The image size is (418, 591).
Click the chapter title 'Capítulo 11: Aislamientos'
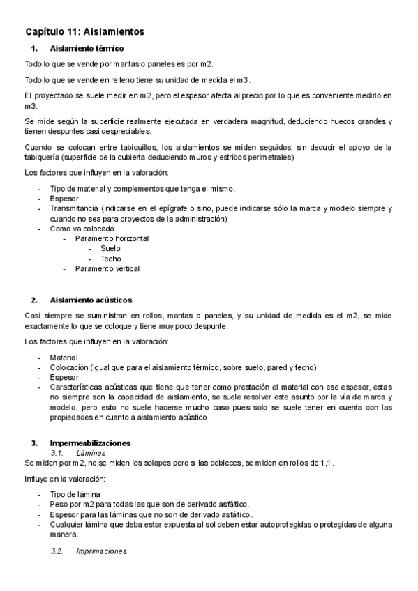(84, 32)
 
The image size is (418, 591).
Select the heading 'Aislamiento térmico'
(87, 49)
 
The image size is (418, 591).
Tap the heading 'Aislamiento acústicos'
(91, 300)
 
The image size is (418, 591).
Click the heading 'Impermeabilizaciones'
(90, 443)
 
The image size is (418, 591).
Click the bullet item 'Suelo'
(110, 248)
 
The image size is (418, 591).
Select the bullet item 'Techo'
(110, 259)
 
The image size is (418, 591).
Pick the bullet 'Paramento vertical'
(107, 268)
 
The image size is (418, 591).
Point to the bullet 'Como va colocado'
(82, 229)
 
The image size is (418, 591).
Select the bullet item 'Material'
(64, 357)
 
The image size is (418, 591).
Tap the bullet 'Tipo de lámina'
(75, 494)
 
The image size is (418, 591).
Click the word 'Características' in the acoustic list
(78, 386)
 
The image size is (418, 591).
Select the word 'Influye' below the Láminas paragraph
(36, 479)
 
